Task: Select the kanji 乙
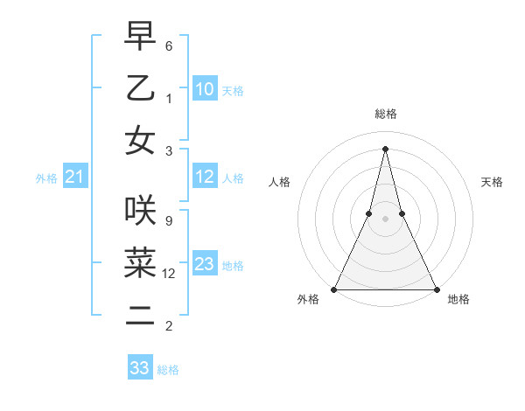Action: [140, 89]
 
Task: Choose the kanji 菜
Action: [140, 261]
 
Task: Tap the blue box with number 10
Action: [205, 89]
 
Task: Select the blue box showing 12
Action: [205, 178]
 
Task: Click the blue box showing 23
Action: [205, 265]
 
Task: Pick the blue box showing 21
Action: [74, 178]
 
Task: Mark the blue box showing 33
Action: [140, 368]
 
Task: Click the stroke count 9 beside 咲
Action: [168, 221]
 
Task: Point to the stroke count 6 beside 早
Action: [168, 45]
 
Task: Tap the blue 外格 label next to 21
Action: [46, 178]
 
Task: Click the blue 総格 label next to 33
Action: [168, 370]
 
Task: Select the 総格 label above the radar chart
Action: [385, 114]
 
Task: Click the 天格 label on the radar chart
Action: [493, 182]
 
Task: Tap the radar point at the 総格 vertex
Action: [385, 148]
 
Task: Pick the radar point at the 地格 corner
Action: [436, 289]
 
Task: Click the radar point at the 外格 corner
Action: [334, 289]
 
